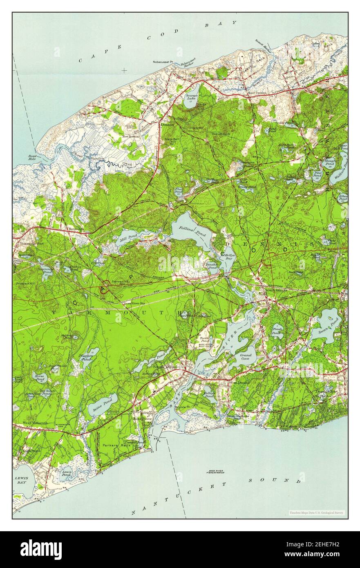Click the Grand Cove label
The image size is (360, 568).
(x=246, y=358)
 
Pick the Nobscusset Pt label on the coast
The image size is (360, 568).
(x=163, y=62)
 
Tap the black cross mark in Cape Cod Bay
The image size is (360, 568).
(x=124, y=71)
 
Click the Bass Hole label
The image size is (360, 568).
(x=32, y=157)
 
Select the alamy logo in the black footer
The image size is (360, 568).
(x=41, y=549)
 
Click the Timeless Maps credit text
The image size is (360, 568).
(x=316, y=512)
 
